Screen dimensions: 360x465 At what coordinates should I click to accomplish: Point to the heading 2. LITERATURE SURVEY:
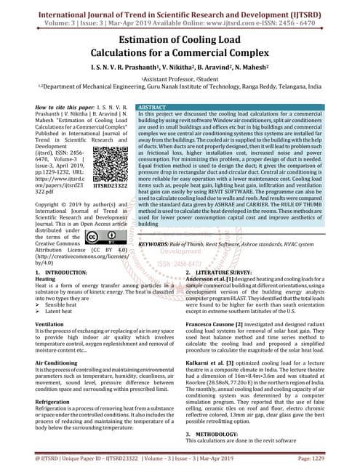pyautogui.click(x=220, y=272)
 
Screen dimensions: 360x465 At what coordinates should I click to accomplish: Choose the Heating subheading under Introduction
pyautogui.click(x=45, y=279)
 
